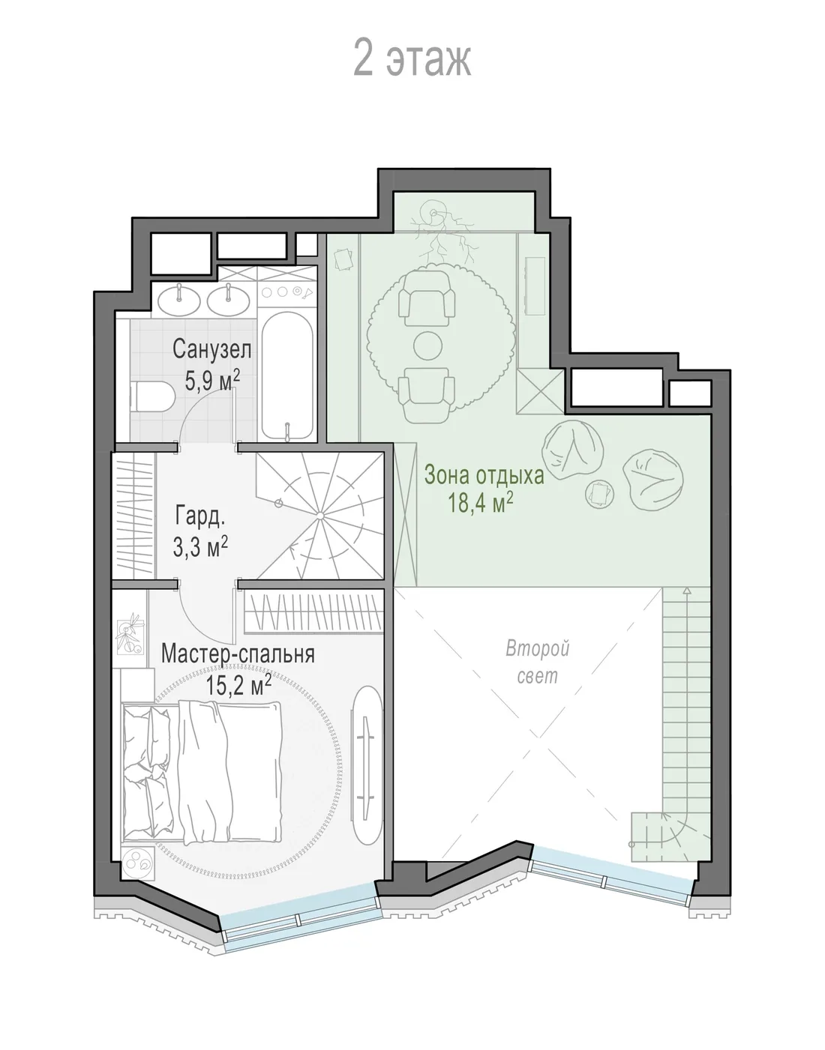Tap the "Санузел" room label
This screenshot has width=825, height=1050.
(x=211, y=349)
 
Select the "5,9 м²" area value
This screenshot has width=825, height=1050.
(x=212, y=380)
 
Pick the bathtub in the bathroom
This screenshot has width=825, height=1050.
(x=287, y=375)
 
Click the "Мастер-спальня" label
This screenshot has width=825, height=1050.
(x=238, y=654)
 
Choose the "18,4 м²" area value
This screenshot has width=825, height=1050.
(x=481, y=503)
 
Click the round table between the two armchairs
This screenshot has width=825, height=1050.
(x=428, y=345)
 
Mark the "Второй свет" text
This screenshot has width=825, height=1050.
(x=538, y=661)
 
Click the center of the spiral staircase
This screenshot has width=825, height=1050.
(x=320, y=516)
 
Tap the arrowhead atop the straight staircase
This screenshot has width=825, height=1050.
(x=685, y=590)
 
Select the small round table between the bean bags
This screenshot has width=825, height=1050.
(x=600, y=494)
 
